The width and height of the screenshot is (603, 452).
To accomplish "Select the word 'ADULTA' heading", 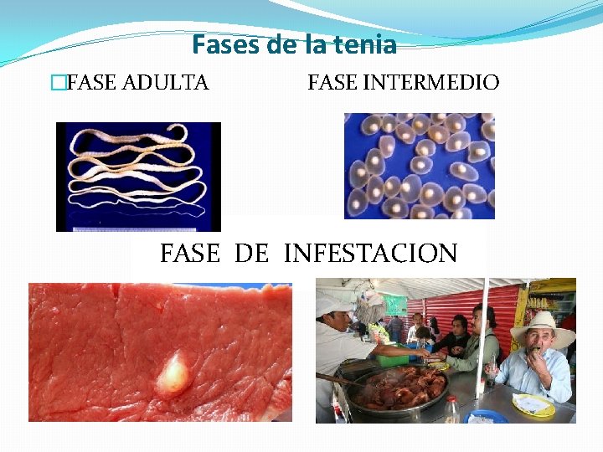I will (x=166, y=83).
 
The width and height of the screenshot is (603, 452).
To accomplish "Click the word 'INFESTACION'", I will (x=371, y=253).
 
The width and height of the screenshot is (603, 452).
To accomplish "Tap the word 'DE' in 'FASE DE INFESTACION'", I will (x=251, y=253).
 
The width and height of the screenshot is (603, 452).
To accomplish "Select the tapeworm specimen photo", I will (x=138, y=176).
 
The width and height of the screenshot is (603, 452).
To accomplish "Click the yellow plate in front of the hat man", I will (x=533, y=405).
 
